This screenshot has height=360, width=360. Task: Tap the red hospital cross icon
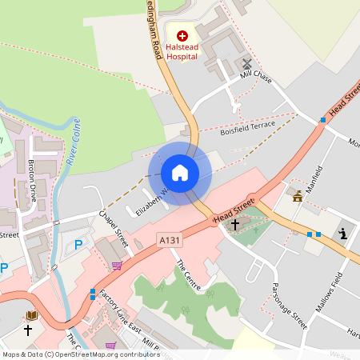[182, 35]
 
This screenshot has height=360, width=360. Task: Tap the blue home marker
[180, 173]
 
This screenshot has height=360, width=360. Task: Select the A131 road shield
[170, 240]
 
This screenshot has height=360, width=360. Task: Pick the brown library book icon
[33, 316]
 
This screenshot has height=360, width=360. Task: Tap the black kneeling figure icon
[344, 234]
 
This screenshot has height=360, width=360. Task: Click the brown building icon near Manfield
[298, 195]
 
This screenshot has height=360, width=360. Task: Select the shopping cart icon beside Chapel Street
[117, 266]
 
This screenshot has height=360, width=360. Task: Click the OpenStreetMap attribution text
[81, 354]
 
